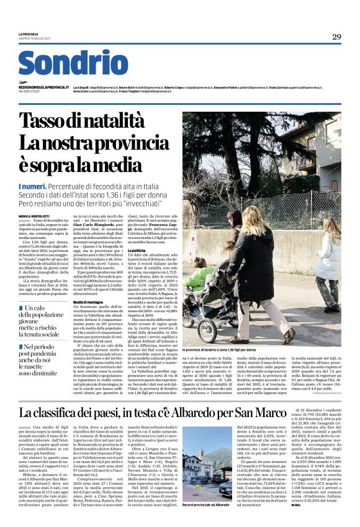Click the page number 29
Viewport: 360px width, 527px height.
[x=336, y=37]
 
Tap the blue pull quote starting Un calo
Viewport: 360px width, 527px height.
[x=43, y=321]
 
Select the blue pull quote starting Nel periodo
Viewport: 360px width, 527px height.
[x=43, y=360]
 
